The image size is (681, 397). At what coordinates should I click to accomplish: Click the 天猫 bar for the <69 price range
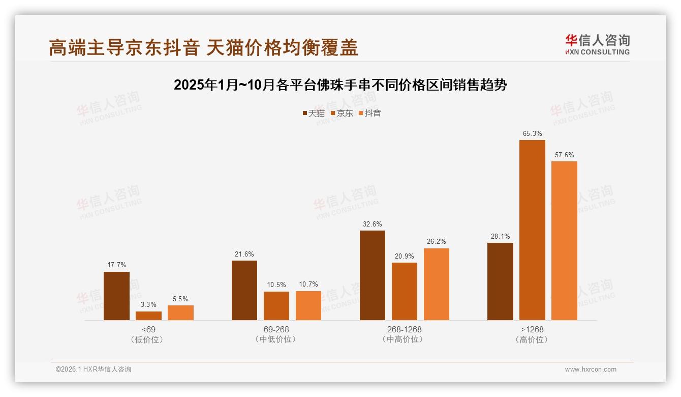pos(116,296)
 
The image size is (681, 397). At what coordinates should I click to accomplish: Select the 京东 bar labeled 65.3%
pos(532,230)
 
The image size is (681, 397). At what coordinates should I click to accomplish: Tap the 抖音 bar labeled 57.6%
pos(564,241)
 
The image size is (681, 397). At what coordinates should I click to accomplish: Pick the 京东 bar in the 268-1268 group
pos(405,291)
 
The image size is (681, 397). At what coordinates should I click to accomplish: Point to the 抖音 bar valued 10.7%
pos(308,305)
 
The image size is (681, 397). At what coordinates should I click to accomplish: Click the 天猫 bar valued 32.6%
pos(373,275)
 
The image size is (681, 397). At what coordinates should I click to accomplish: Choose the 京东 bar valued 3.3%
pos(148,316)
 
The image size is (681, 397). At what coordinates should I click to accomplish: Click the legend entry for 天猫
pos(314,113)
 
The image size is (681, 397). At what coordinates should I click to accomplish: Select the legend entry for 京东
pos(342,113)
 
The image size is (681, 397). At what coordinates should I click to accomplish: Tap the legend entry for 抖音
pos(370,113)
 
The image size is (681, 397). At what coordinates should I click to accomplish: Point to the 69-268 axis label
pos(276,329)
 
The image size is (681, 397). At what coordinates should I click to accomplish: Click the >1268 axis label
pos(532,329)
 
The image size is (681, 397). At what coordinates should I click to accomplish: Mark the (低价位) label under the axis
pos(148,339)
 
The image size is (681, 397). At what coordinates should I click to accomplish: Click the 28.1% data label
pos(500,236)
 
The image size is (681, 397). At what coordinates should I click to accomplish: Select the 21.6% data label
pos(244,254)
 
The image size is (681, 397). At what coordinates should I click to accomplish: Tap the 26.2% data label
pos(437,242)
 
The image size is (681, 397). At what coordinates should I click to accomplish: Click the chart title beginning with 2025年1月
pos(340,85)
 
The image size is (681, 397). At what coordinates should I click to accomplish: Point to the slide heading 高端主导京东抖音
pos(203,47)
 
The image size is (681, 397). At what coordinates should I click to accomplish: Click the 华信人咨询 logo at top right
pos(598,44)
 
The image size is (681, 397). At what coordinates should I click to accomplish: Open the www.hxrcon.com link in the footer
pos(591,370)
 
